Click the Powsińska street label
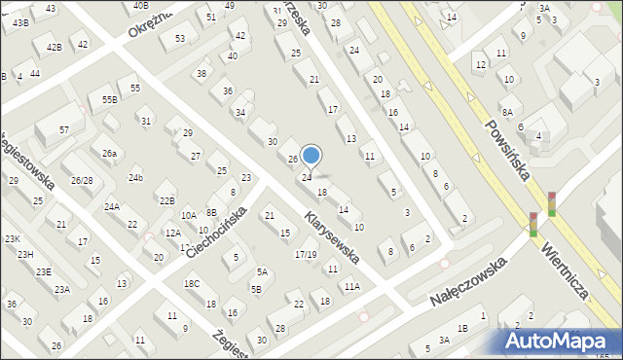click(x=511, y=144)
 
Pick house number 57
click(x=64, y=129)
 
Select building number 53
click(x=180, y=38)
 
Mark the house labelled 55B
click(x=109, y=99)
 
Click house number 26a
click(x=110, y=153)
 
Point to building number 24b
click(x=136, y=177)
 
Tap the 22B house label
click(x=167, y=200)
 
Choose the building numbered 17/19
click(x=306, y=254)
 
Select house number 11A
click(x=351, y=286)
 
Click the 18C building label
click(x=192, y=283)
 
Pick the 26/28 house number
click(x=82, y=180)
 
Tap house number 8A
click(x=507, y=112)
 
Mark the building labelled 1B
click(x=463, y=328)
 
